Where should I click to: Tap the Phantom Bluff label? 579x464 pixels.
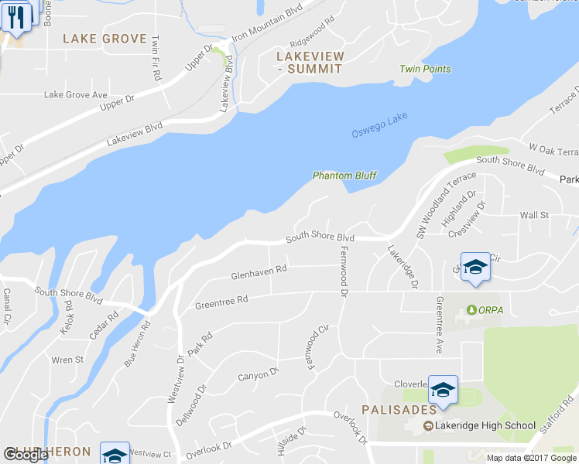pyautogui.click(x=344, y=176)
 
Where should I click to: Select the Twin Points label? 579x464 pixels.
pyautogui.click(x=425, y=69)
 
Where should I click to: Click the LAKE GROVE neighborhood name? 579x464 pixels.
pyautogui.click(x=104, y=39)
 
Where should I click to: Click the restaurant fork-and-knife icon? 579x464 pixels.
pyautogui.click(x=16, y=17)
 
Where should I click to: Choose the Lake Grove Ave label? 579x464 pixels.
pyautogui.click(x=75, y=95)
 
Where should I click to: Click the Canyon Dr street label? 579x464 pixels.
pyautogui.click(x=258, y=377)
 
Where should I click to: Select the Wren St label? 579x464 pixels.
pyautogui.click(x=67, y=360)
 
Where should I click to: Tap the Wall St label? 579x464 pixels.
pyautogui.click(x=534, y=215)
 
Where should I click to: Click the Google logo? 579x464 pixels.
pyautogui.click(x=26, y=455)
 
